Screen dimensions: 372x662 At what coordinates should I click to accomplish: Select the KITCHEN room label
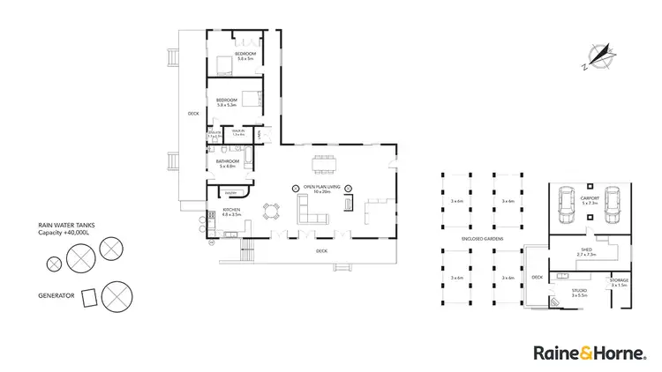231,209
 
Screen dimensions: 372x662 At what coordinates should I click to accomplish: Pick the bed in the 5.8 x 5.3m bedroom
251,98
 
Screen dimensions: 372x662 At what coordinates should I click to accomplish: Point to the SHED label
586,249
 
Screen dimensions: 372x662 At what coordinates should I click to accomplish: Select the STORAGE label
620,280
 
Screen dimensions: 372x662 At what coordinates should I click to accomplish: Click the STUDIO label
579,290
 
